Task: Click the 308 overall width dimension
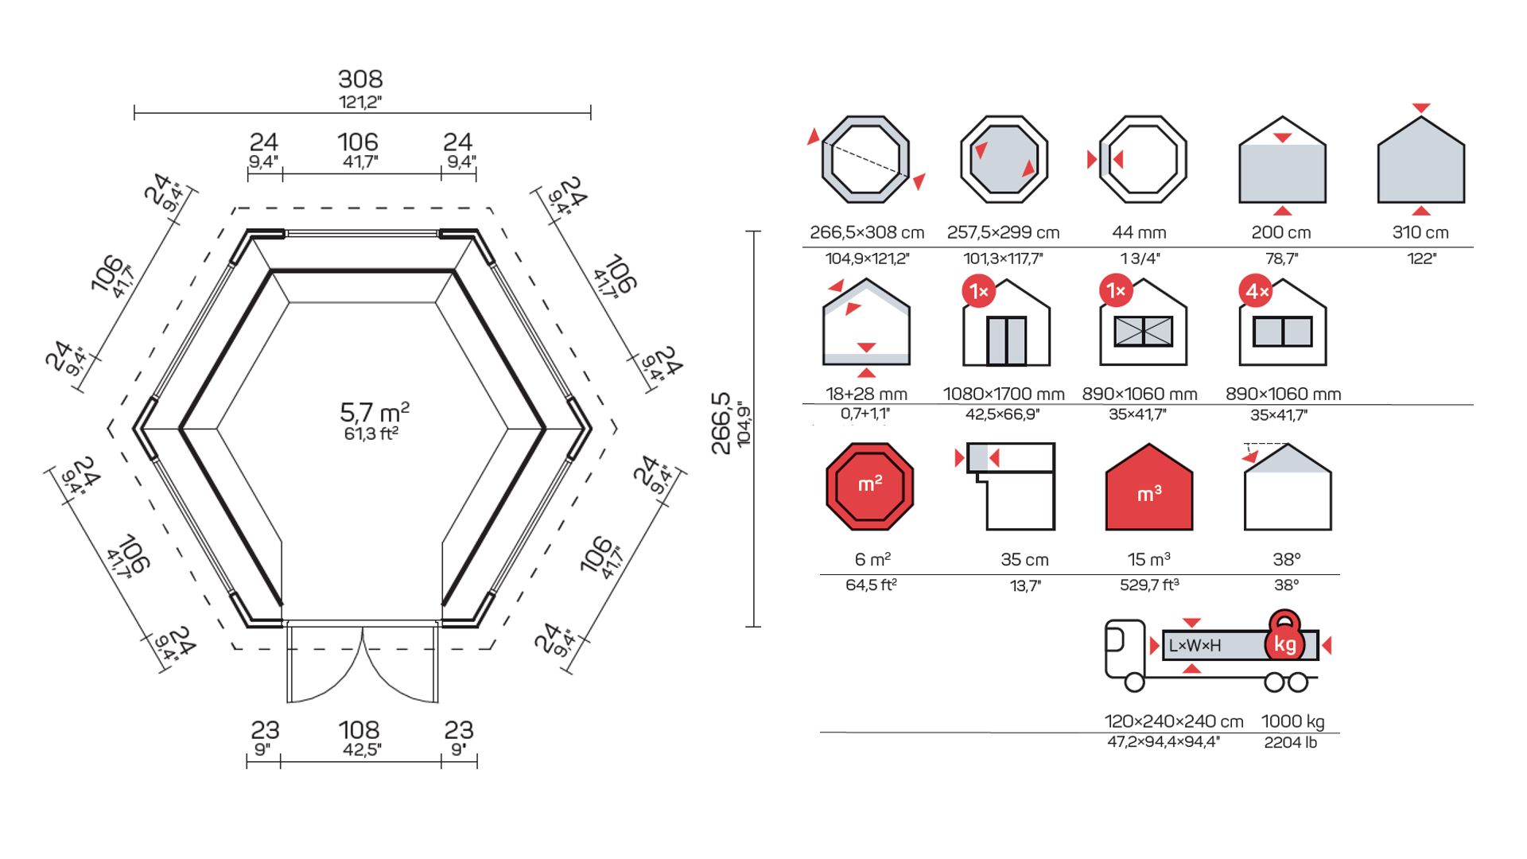pyautogui.click(x=360, y=80)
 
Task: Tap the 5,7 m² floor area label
pyautogui.click(x=374, y=413)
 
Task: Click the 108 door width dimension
pyautogui.click(x=359, y=730)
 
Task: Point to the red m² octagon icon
pyautogui.click(x=869, y=486)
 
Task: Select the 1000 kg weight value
pyautogui.click(x=1292, y=721)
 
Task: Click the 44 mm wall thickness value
pyautogui.click(x=1139, y=233)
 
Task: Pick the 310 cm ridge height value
pyautogui.click(x=1420, y=233)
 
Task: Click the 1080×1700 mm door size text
pyautogui.click(x=1004, y=394)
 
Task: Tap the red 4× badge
pyautogui.click(x=1256, y=292)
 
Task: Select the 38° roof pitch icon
pyautogui.click(x=1287, y=486)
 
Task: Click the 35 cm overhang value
pyautogui.click(x=1024, y=560)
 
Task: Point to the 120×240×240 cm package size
pyautogui.click(x=1174, y=721)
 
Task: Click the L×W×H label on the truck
pyautogui.click(x=1195, y=646)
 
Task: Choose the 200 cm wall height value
pyautogui.click(x=1280, y=233)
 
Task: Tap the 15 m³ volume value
pyautogui.click(x=1148, y=560)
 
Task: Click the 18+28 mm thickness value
pyautogui.click(x=866, y=394)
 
